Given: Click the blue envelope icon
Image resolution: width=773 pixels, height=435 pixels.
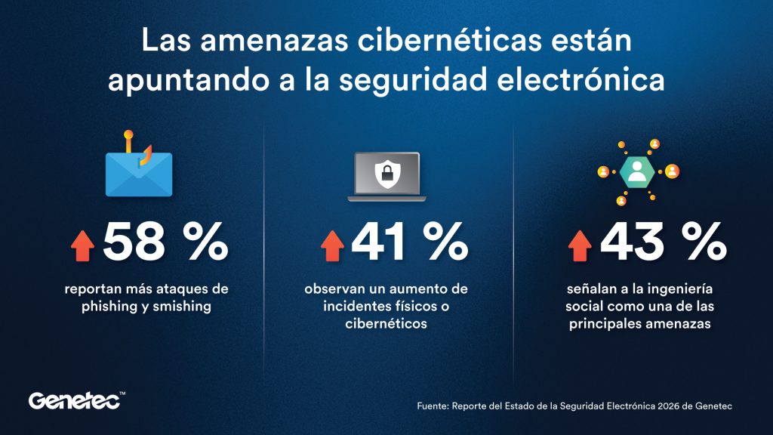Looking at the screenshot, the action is [x=139, y=174].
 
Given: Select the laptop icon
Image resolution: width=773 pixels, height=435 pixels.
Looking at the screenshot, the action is [x=386, y=177].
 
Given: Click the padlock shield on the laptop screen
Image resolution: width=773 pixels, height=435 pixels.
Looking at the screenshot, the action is [x=387, y=174].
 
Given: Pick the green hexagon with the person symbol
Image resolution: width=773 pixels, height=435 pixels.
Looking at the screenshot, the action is [x=637, y=171].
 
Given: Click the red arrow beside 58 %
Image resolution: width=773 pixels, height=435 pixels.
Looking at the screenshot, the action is [x=83, y=245].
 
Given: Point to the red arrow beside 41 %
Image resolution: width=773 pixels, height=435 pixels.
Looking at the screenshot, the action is [x=332, y=245].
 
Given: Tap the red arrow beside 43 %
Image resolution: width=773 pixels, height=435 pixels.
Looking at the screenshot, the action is [x=580, y=245].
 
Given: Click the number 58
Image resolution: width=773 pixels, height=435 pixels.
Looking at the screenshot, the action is [x=134, y=242].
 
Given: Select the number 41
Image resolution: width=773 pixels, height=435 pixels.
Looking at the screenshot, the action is [x=379, y=242].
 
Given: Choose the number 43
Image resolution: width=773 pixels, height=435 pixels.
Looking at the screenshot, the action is [x=632, y=242].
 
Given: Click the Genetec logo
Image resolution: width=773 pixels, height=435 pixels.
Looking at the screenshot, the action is [x=76, y=400].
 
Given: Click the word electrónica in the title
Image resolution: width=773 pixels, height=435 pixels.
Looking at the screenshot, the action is [x=581, y=80].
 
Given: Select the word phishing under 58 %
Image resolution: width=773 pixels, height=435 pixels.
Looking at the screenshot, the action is [x=109, y=307].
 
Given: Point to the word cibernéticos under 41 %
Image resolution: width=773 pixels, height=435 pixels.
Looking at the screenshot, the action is [x=386, y=323].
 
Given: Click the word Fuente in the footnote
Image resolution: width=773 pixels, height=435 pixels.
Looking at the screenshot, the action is [x=433, y=406].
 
